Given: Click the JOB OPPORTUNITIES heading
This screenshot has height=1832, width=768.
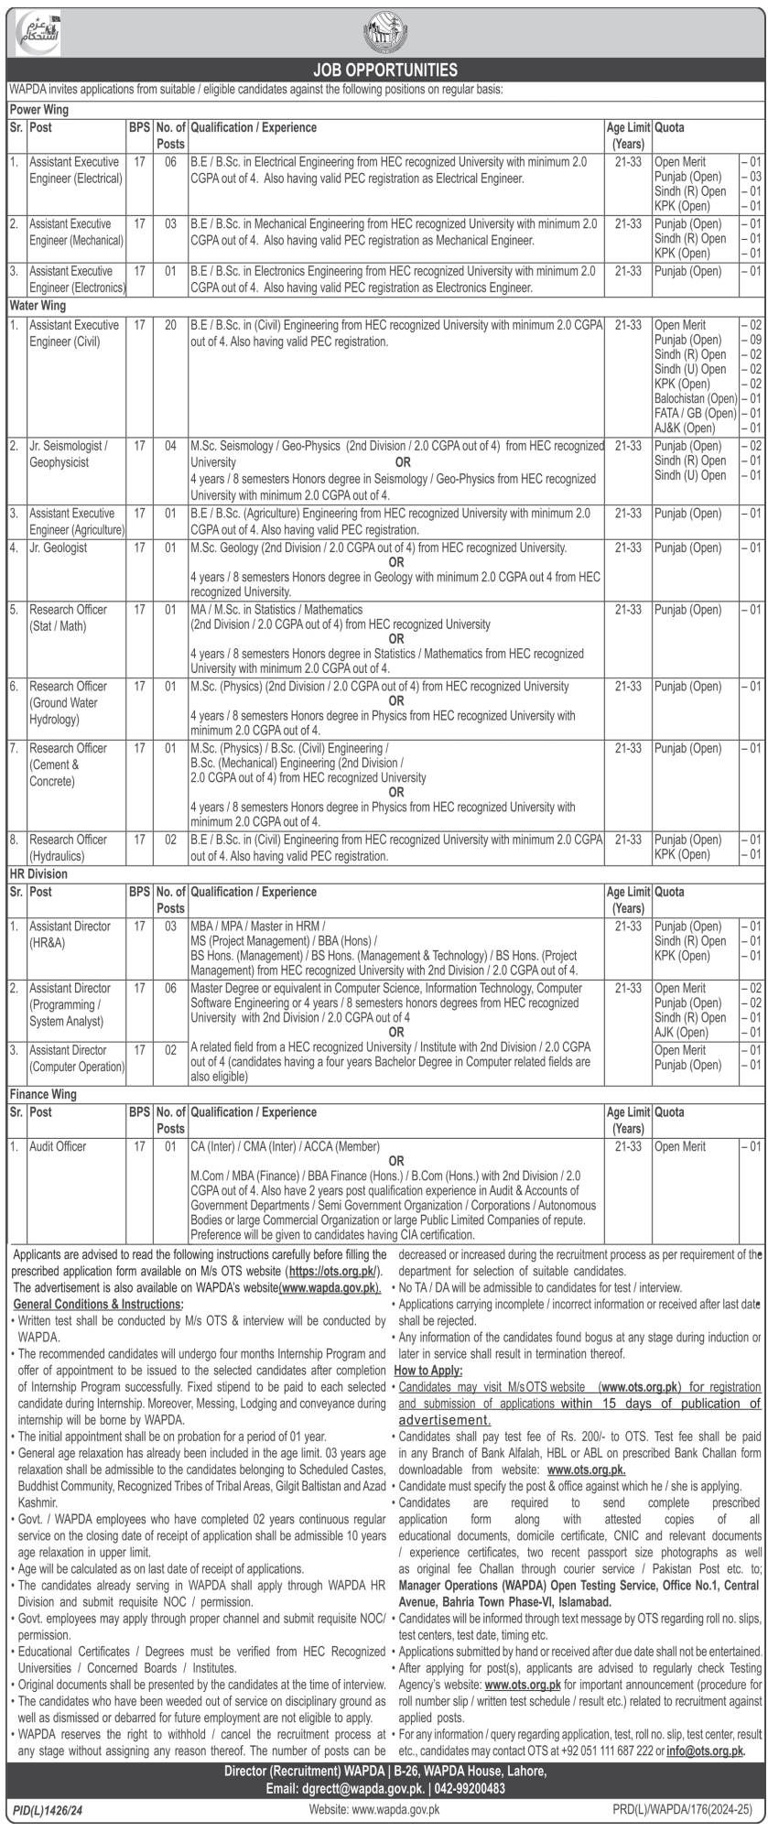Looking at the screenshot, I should [384, 70].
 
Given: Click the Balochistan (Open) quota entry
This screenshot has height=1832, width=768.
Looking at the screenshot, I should [696, 398].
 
